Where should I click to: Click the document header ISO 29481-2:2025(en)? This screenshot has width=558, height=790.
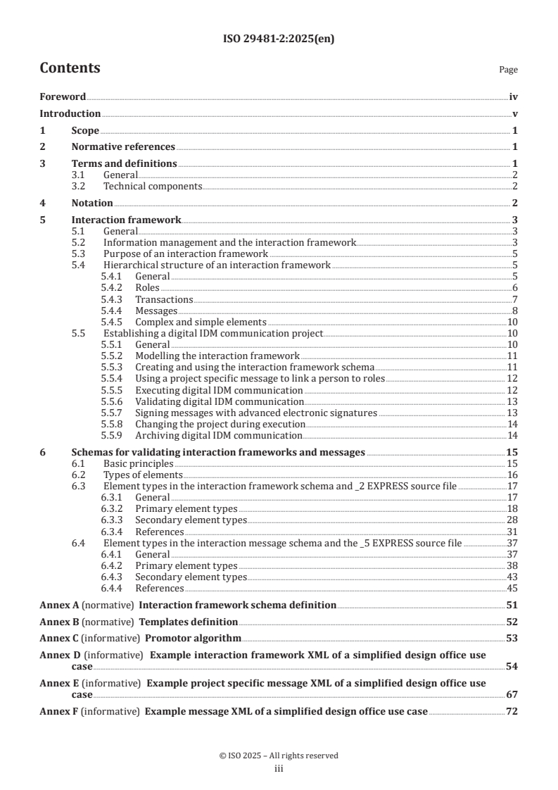(x=279, y=39)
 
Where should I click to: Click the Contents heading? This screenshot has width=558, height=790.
(x=70, y=69)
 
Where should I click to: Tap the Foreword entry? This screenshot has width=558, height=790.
(x=63, y=96)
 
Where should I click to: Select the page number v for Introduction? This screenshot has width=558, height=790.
(x=515, y=113)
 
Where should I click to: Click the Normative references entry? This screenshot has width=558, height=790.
(x=123, y=147)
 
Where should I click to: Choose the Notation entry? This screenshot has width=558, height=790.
(x=92, y=203)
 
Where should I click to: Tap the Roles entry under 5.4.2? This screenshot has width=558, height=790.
(x=147, y=287)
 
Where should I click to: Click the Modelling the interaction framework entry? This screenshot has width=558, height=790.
(x=217, y=356)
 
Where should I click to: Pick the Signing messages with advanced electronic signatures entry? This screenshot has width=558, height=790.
(x=256, y=413)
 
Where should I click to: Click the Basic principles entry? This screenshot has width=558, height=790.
(x=138, y=463)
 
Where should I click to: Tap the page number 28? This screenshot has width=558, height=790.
(x=512, y=520)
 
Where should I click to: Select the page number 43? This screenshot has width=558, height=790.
(x=512, y=577)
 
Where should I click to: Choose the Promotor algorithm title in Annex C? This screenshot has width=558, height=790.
(x=193, y=639)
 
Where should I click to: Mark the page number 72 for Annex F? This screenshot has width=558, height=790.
(x=512, y=712)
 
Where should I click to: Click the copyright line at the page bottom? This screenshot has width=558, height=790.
(x=279, y=755)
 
